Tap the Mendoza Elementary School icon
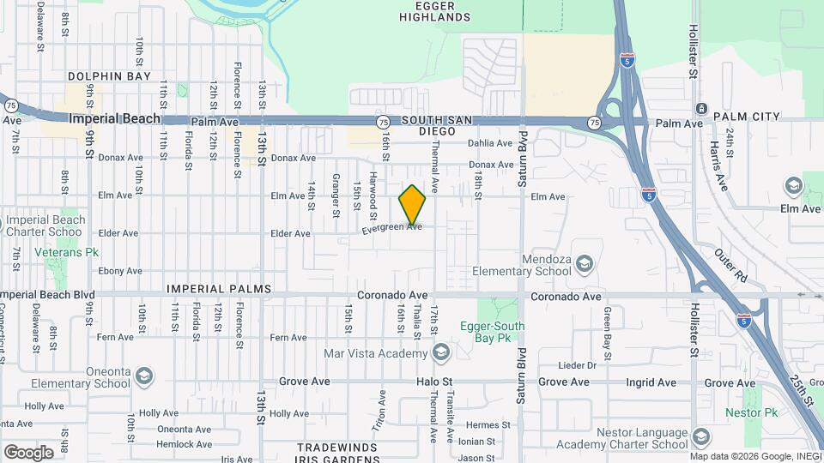pos(585,261)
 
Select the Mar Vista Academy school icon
pos(440,352)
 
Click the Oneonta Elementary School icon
pos(144,376)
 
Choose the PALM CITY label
pos(747,117)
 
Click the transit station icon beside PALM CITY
pos(701,109)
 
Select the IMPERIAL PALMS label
pos(219,289)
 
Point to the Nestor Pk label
pos(751,412)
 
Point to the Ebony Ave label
pos(120,271)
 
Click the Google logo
pos(28,452)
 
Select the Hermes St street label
pos(488,424)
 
